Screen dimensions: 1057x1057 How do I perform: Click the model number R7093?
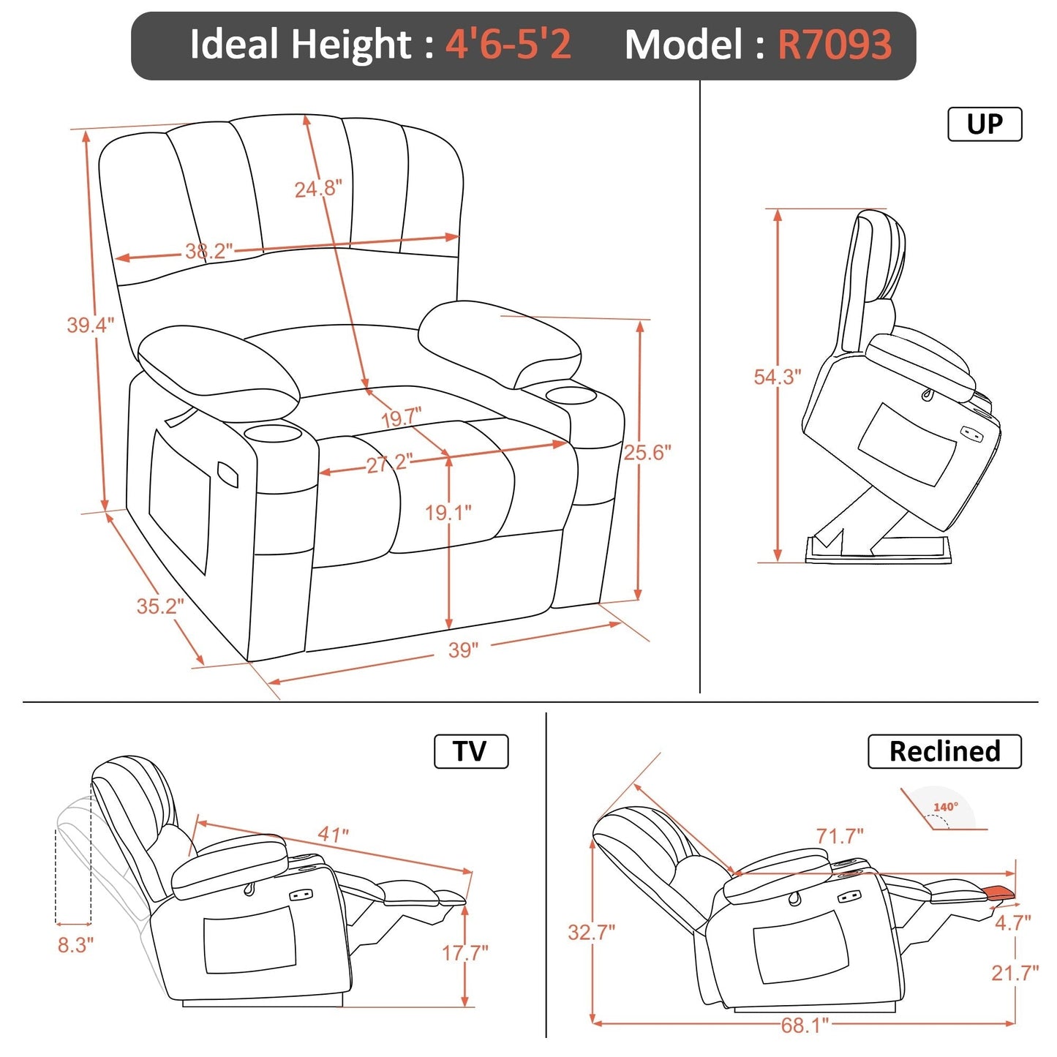coord(834,45)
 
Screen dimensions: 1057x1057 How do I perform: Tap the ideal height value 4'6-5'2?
coord(508,45)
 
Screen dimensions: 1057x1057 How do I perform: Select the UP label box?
coord(984,124)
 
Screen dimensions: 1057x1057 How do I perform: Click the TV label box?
coord(470,751)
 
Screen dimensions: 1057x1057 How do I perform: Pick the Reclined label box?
coord(944,751)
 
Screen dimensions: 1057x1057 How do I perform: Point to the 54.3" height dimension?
coord(777,377)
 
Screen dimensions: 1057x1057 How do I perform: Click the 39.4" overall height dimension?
coord(90,325)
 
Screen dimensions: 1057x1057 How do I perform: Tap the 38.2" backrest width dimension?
coord(208,252)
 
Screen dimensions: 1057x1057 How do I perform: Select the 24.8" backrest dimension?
coord(317,189)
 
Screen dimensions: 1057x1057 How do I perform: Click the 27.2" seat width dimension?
coord(388,463)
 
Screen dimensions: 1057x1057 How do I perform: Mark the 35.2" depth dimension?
coord(159,606)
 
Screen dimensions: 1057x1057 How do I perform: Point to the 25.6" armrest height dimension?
coord(647,453)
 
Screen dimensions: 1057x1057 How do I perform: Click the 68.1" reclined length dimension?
coord(804,1025)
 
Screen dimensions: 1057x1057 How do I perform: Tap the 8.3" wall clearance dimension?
coord(75,945)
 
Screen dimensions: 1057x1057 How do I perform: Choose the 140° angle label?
coord(945,807)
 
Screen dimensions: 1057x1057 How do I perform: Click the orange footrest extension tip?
coord(1000,892)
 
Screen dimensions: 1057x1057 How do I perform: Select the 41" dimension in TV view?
coord(333,834)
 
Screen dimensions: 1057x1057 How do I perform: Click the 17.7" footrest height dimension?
coord(464,952)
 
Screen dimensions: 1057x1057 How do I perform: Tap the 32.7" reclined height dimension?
coord(591,932)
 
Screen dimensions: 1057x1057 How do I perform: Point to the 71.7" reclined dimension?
coord(839,835)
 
